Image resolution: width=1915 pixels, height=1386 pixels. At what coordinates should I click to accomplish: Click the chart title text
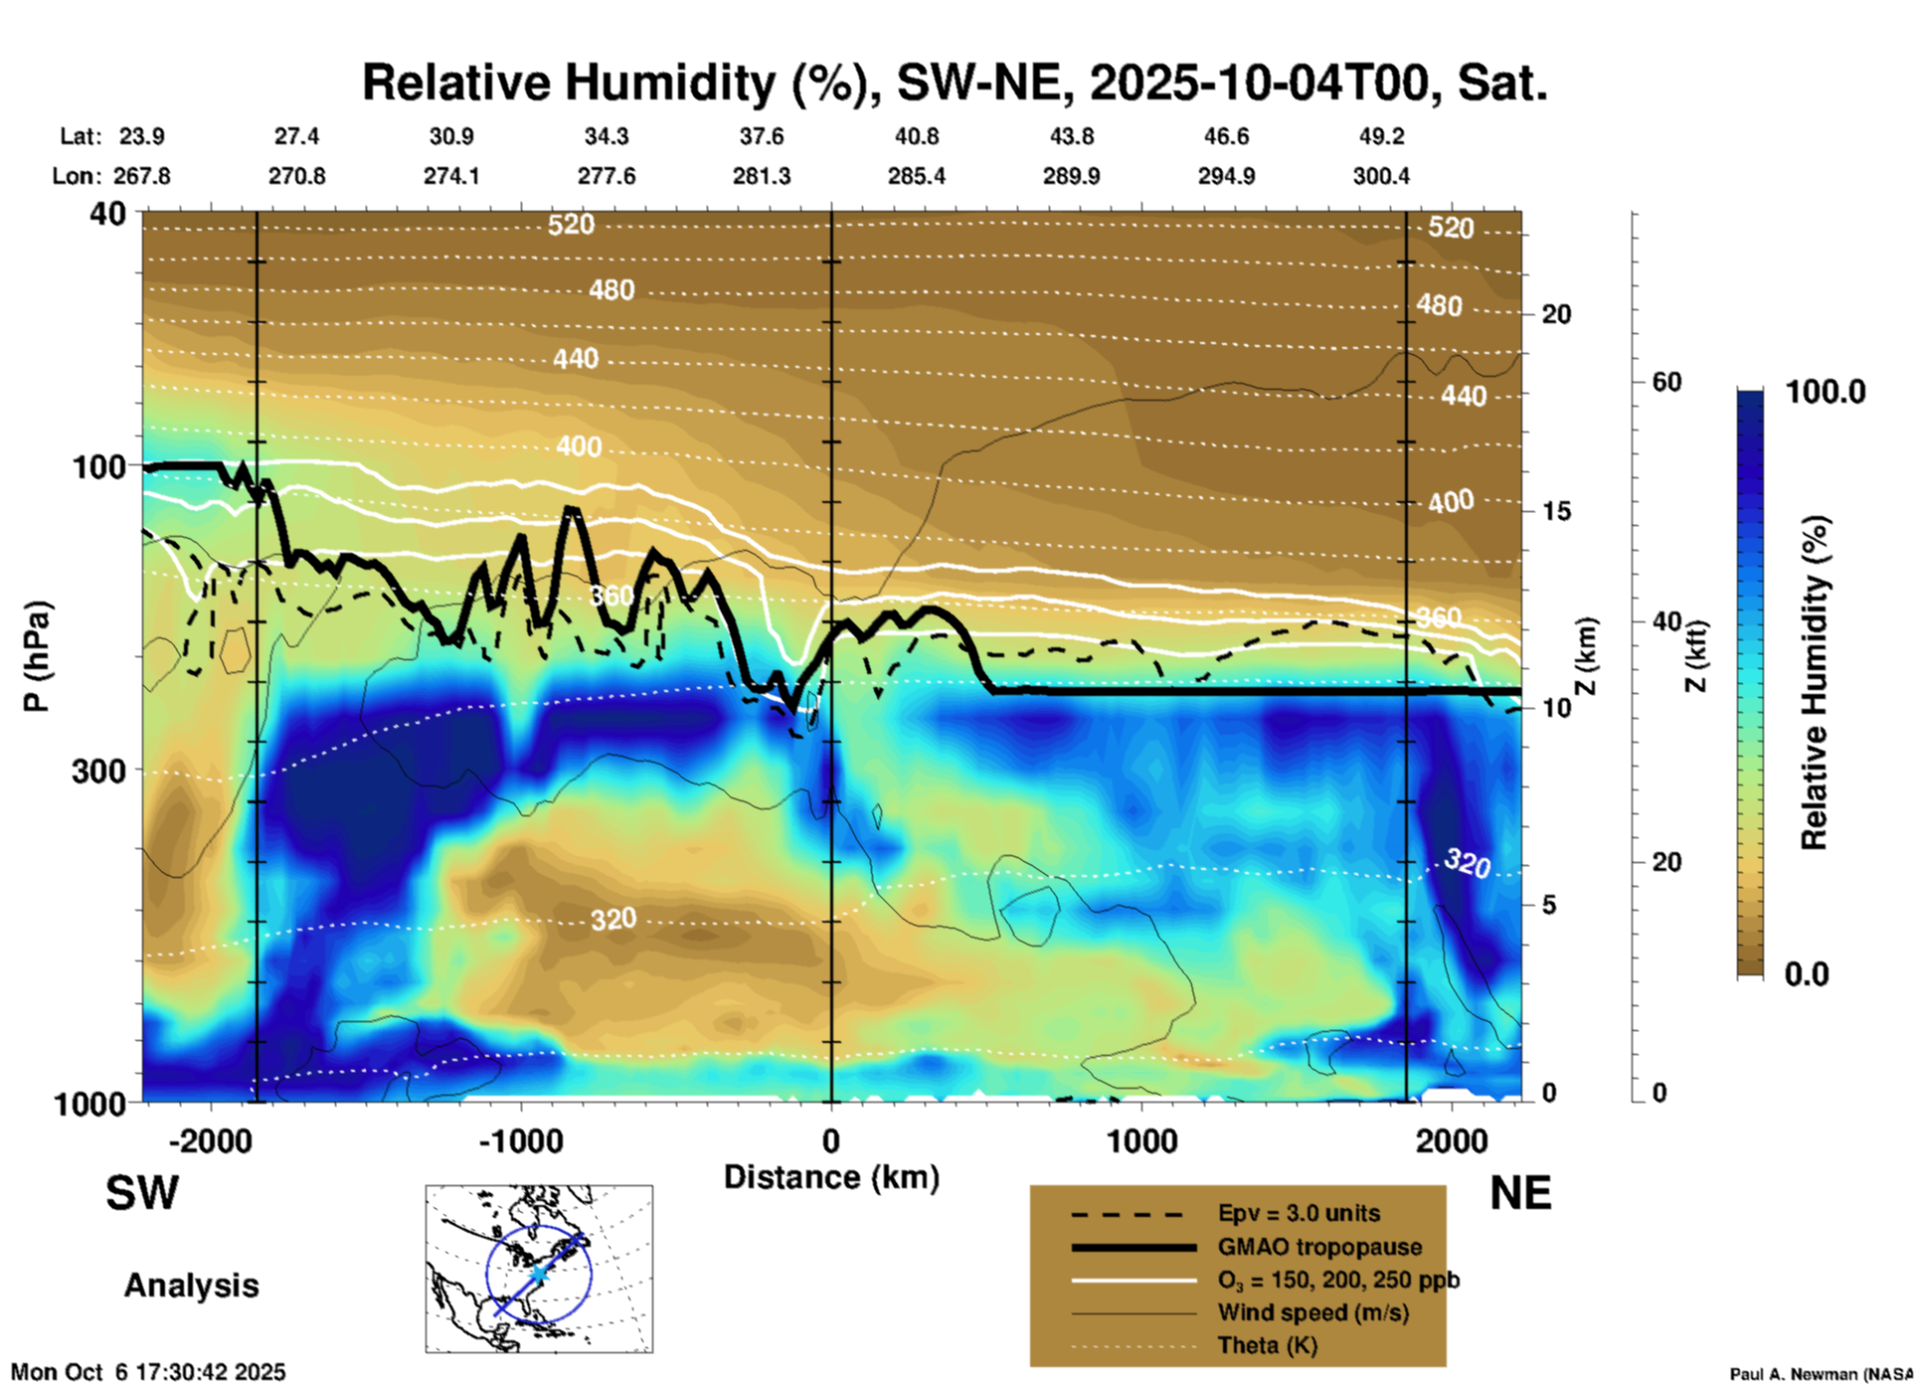click(x=955, y=83)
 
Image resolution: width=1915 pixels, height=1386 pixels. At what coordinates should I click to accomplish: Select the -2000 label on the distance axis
click(x=210, y=1140)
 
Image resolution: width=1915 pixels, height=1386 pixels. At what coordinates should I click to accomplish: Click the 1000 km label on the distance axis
click(x=1140, y=1140)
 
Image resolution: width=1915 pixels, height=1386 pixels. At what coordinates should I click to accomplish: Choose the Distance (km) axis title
click(x=831, y=1177)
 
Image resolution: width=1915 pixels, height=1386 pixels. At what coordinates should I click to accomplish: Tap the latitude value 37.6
click(x=761, y=136)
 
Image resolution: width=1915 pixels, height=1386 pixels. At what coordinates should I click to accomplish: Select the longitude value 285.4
click(x=916, y=176)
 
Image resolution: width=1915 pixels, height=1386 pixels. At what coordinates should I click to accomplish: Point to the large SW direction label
click(x=142, y=1193)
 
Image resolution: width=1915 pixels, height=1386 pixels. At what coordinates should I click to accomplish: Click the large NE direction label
click(x=1520, y=1193)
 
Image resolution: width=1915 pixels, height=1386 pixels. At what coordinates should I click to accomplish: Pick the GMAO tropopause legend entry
click(x=1319, y=1247)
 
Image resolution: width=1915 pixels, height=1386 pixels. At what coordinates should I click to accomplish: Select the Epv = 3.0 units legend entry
click(x=1299, y=1213)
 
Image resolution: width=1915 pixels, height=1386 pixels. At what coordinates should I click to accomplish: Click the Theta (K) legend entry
click(x=1267, y=1345)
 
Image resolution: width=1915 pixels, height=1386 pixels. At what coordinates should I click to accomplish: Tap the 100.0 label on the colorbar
click(x=1826, y=392)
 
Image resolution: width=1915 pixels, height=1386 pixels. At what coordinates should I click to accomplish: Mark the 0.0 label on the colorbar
click(x=1807, y=973)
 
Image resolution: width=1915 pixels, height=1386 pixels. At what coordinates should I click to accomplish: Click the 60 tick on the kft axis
click(x=1666, y=382)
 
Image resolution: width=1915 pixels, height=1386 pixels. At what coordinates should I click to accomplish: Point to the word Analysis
click(x=191, y=1286)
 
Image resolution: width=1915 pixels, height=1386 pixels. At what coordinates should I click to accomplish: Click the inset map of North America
click(x=539, y=1269)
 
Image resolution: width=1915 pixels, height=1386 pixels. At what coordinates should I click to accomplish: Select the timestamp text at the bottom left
click(x=148, y=1372)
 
